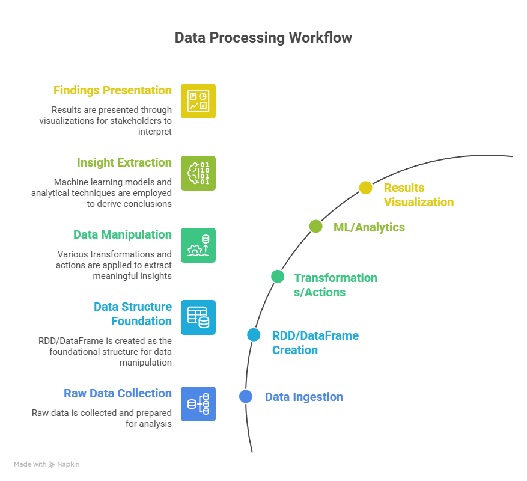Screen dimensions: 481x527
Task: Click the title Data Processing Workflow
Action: click(263, 38)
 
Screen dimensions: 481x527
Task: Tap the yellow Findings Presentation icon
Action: click(198, 101)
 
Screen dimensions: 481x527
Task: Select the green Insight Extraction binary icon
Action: click(198, 173)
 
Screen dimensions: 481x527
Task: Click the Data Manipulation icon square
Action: click(198, 245)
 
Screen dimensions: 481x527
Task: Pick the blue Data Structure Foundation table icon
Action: click(198, 317)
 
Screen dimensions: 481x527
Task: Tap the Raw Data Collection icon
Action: click(198, 404)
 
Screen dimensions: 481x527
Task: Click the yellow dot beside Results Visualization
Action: click(365, 188)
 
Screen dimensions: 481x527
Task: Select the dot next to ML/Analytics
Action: click(315, 226)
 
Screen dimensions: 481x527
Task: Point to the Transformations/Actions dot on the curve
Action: click(277, 276)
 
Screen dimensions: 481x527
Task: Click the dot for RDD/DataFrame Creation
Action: click(254, 335)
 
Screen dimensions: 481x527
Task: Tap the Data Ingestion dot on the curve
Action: click(245, 396)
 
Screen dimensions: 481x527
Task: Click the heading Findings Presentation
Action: click(112, 91)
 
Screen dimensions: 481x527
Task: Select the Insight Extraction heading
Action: click(124, 163)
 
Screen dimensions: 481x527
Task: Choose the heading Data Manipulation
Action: click(123, 235)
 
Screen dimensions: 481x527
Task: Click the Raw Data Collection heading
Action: click(118, 394)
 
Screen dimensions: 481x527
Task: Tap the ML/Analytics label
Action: click(369, 227)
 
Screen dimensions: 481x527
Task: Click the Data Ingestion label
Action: click(304, 397)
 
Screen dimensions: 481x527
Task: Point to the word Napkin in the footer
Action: click(69, 464)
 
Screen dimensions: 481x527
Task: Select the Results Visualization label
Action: click(419, 195)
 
